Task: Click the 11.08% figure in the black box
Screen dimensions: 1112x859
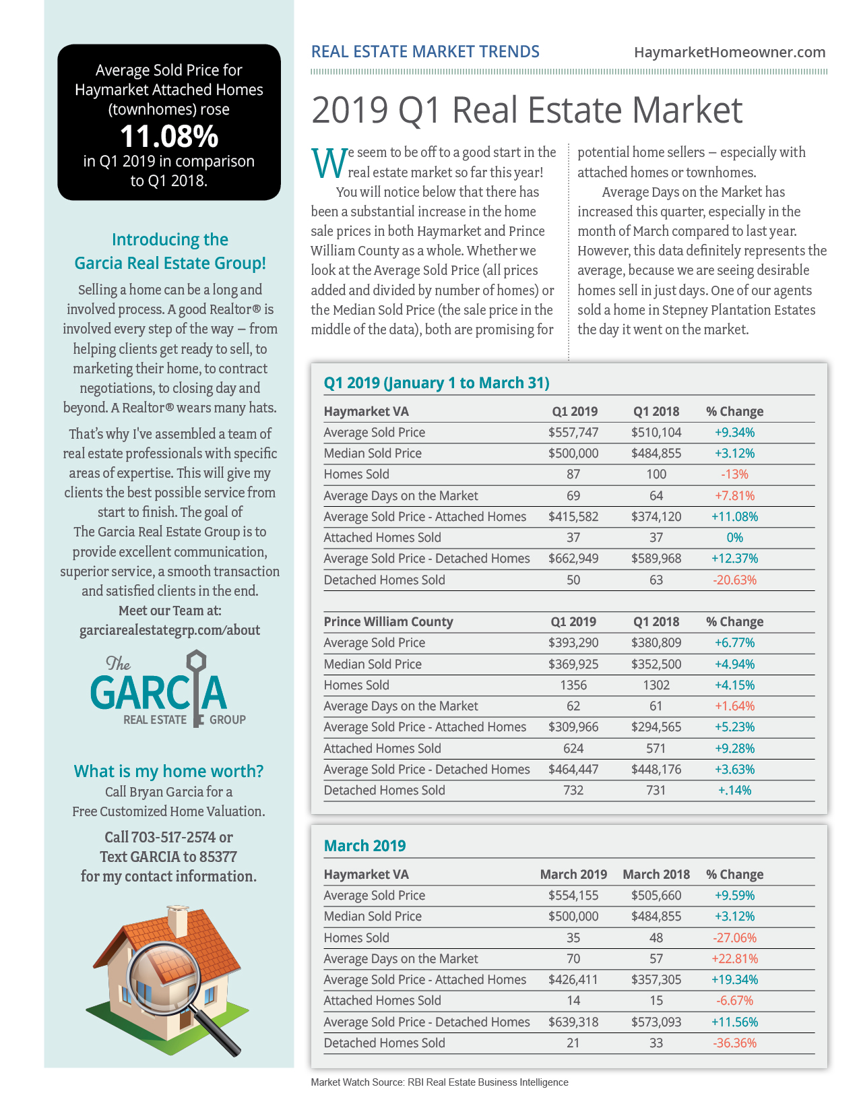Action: tap(169, 136)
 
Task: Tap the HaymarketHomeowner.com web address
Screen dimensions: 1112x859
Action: tap(729, 52)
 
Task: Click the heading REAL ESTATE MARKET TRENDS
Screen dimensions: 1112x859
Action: tap(425, 52)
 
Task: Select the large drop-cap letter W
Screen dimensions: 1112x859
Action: tap(328, 163)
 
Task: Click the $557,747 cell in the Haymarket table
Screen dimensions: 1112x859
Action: tap(573, 433)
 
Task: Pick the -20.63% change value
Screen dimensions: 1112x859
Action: tap(734, 580)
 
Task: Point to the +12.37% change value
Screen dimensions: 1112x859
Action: tap(734, 559)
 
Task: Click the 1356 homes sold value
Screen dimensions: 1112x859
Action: tap(573, 685)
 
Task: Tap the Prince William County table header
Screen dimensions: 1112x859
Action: tap(388, 622)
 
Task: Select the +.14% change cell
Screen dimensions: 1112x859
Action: tap(734, 791)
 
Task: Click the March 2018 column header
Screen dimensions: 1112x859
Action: tap(656, 875)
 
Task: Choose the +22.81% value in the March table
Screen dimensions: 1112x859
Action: tap(734, 959)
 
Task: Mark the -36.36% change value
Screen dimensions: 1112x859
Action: tap(734, 1043)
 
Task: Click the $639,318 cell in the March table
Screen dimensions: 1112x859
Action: tap(573, 1022)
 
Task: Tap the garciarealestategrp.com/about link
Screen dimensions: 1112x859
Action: tap(170, 630)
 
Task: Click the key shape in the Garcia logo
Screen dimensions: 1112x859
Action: tap(197, 684)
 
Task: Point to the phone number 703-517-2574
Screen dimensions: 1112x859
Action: tap(169, 838)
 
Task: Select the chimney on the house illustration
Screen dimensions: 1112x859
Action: tap(178, 921)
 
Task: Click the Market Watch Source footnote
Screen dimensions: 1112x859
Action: tap(439, 1082)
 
